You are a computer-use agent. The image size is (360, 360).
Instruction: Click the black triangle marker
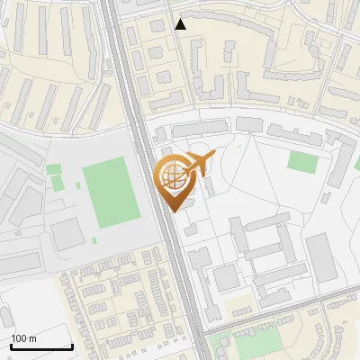181,24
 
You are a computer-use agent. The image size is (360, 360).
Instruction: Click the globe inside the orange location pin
171,177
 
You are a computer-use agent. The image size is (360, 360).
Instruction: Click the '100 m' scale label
24,338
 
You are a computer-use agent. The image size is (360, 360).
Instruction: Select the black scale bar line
40,346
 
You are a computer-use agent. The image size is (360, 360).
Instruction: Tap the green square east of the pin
303,162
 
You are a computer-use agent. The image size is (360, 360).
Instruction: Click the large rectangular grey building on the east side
320,257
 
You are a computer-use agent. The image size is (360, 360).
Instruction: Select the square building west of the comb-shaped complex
224,278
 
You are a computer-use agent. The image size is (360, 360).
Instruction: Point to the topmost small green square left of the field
53,168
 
